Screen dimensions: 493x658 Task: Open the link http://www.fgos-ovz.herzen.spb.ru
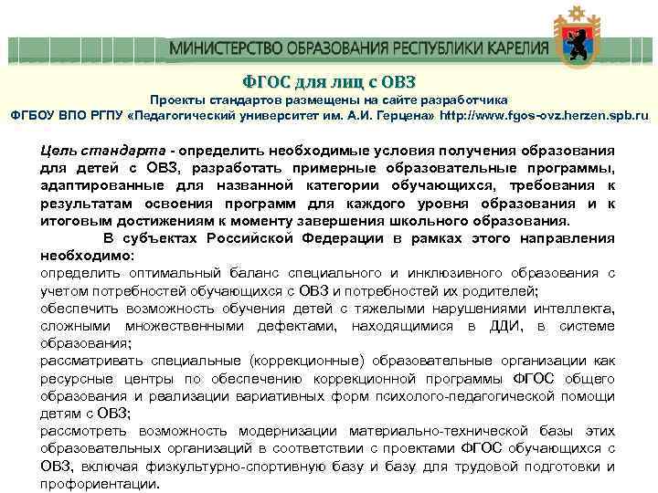pyautogui.click(x=545, y=117)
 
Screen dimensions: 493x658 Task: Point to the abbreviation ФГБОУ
pyautogui.click(x=34, y=117)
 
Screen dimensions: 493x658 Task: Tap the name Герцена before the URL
pyautogui.click(x=405, y=117)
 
